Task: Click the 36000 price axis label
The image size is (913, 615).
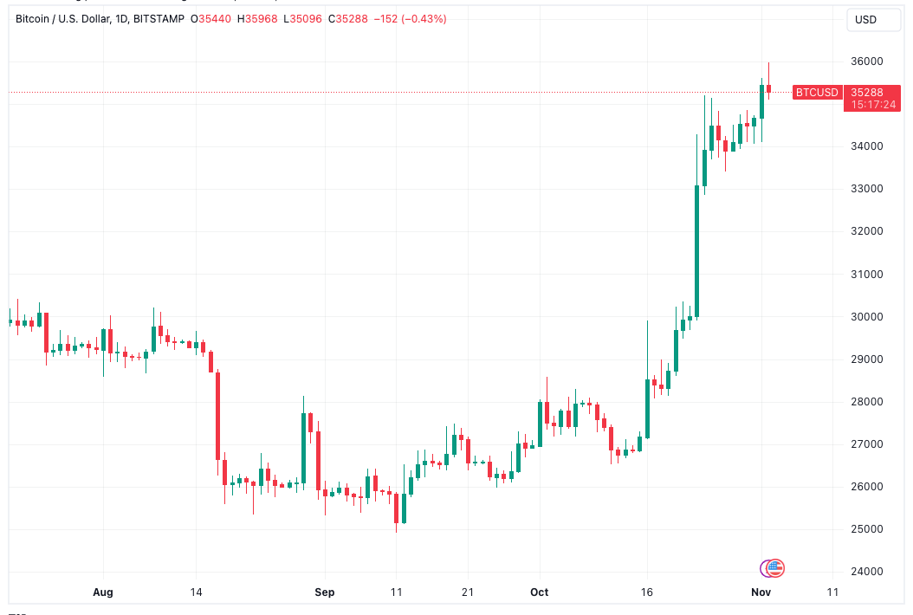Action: pos(865,61)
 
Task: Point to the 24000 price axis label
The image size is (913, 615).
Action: pos(865,572)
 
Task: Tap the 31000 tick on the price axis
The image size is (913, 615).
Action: pos(865,275)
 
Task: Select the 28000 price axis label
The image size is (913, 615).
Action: pos(865,402)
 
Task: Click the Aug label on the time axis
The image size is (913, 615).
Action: pos(103,592)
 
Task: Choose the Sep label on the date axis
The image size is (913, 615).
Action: pos(325,592)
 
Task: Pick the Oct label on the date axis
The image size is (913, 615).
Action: pos(539,592)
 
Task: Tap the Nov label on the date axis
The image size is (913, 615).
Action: pos(761,592)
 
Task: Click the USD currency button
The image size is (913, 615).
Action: pos(865,19)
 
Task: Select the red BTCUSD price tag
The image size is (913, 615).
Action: pos(817,92)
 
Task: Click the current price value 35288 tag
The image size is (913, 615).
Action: pos(866,92)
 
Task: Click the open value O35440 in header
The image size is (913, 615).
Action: pos(213,19)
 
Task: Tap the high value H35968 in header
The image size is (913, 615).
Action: pos(257,19)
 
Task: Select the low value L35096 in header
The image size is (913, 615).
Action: pos(300,19)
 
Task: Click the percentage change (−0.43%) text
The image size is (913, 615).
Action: pos(422,19)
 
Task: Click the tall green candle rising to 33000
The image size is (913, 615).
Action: pos(696,251)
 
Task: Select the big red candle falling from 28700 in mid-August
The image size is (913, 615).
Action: pos(217,416)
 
